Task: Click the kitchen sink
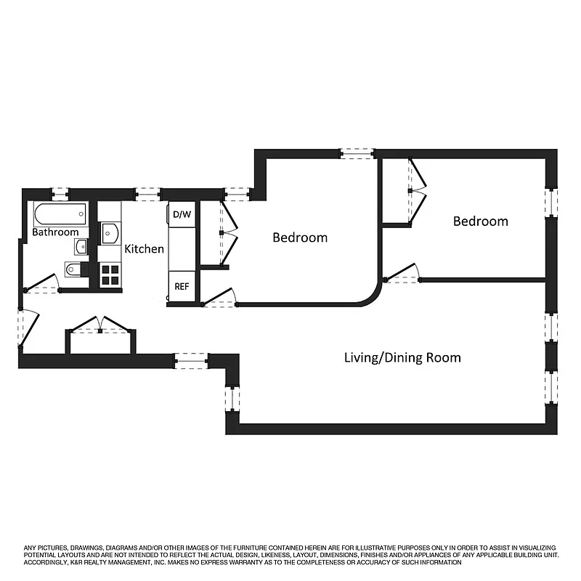[110, 233]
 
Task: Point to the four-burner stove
[110, 274]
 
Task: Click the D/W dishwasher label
[182, 214]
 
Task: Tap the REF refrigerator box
[182, 286]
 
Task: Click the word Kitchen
[144, 249]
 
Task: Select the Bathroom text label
[55, 232]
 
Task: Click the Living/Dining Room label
[402, 358]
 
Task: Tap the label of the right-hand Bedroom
[480, 222]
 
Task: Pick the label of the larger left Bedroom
[299, 237]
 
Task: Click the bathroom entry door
[42, 283]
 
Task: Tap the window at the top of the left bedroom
[357, 153]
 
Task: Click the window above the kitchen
[147, 194]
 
